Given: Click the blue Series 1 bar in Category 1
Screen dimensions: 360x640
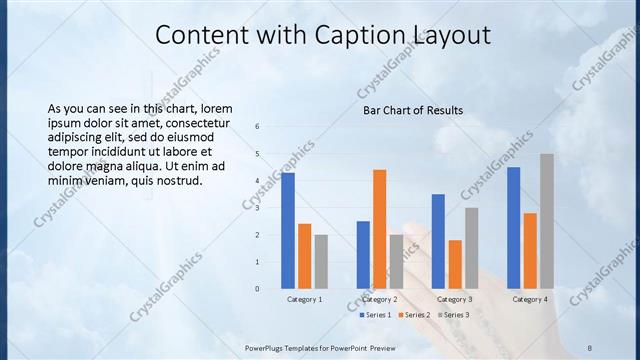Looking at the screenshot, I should [x=288, y=231].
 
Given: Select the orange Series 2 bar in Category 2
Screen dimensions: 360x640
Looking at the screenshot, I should [x=379, y=229].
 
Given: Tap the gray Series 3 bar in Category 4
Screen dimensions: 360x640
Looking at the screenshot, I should [x=546, y=221].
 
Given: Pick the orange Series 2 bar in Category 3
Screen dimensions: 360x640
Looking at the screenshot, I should [x=455, y=264].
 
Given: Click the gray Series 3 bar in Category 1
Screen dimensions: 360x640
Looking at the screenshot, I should [x=321, y=262].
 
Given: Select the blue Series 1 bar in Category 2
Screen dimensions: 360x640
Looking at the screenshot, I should [x=363, y=255].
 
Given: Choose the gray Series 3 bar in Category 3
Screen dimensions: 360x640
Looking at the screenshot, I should [x=471, y=248].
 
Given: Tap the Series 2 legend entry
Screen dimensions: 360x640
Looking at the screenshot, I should [x=413, y=315].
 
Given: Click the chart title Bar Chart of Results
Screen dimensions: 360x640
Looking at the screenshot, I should [x=413, y=110].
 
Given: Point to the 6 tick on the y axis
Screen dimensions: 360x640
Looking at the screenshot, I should [x=257, y=127].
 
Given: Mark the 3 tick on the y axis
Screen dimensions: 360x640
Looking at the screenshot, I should [x=257, y=208].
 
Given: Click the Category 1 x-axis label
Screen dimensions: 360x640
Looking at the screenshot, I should [x=304, y=299].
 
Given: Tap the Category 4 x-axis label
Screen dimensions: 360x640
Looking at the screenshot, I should [x=529, y=299].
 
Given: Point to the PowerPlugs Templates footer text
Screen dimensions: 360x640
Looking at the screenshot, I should [x=320, y=347].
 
